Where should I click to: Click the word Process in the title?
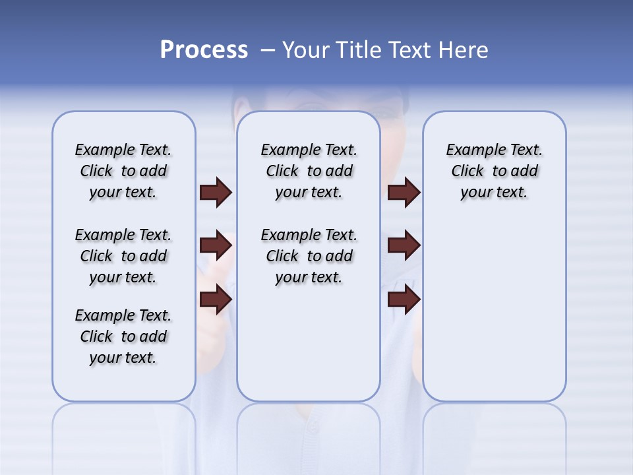click(x=204, y=50)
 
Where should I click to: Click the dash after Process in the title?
click(x=268, y=50)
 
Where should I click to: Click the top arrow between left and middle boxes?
click(x=216, y=193)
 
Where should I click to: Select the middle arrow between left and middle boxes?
click(x=216, y=245)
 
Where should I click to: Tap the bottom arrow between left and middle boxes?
click(x=216, y=300)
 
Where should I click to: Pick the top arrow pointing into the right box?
click(x=404, y=193)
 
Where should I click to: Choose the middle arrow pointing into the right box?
click(x=404, y=245)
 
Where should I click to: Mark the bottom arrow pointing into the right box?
click(x=404, y=300)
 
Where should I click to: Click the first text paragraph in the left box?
click(x=123, y=171)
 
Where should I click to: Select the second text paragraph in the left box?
click(x=123, y=256)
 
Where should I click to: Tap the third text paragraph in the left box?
click(x=123, y=336)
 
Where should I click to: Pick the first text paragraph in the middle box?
click(x=309, y=171)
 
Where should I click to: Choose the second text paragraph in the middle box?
click(x=309, y=256)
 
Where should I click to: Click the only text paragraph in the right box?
click(x=494, y=171)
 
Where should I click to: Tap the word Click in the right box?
click(x=467, y=172)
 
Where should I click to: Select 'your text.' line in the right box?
click(x=494, y=193)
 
